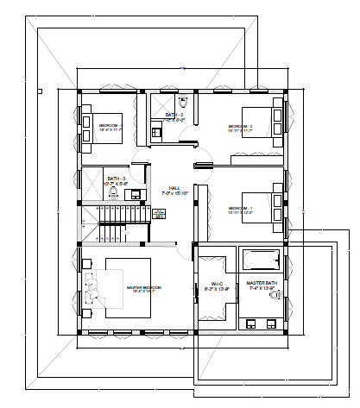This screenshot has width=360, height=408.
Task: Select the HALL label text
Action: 174,187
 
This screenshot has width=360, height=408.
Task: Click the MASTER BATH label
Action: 261,283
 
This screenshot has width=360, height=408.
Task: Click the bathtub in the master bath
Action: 260,260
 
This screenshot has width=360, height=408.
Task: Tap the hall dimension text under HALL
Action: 174,194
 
